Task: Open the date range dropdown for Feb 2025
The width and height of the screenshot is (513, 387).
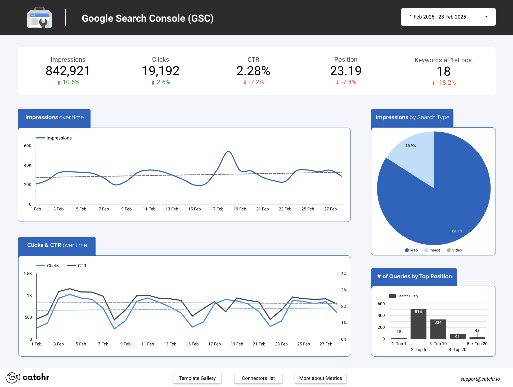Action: click(x=448, y=17)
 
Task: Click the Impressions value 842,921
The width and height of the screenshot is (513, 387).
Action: click(x=68, y=71)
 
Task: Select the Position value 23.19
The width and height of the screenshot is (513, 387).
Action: click(x=346, y=71)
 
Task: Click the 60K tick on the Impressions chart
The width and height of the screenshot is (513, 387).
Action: click(x=28, y=146)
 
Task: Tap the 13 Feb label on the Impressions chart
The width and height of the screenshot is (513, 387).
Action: click(x=172, y=209)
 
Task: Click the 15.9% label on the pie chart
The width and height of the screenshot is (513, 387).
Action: click(x=411, y=146)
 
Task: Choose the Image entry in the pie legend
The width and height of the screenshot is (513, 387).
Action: click(x=433, y=250)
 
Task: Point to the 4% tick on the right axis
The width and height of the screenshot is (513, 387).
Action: click(x=344, y=274)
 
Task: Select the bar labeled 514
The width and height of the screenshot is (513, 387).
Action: click(x=418, y=324)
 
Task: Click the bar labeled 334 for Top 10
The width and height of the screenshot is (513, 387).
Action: click(x=438, y=329)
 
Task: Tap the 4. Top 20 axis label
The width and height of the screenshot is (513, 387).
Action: click(x=457, y=350)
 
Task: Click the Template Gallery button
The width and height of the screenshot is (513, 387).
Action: click(x=197, y=378)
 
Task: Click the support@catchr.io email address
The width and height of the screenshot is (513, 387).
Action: click(x=480, y=379)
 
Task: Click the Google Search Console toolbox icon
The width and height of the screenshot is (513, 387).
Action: click(x=39, y=18)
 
